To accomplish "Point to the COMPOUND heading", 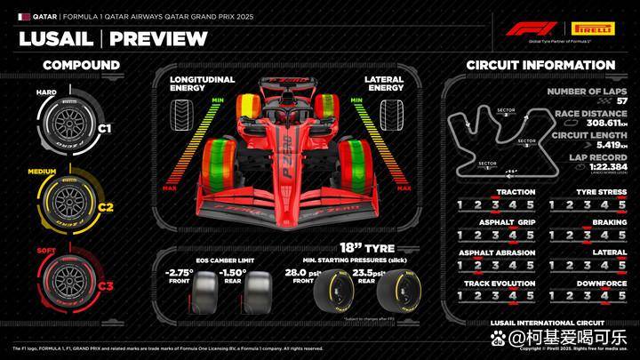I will point(81,65).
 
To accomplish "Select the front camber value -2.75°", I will point(181,273).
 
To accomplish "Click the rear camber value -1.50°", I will point(233,273).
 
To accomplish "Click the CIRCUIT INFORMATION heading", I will point(540,65).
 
